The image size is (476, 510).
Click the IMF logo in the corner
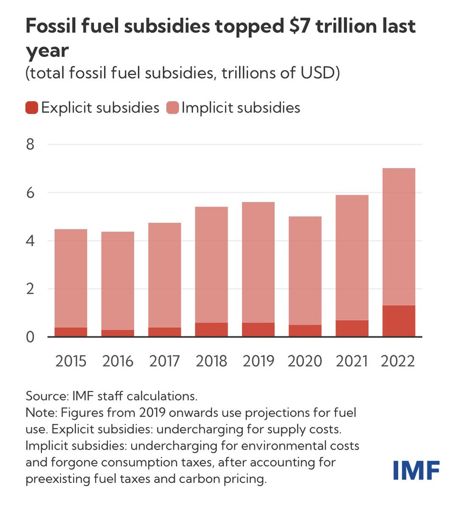[x=416, y=470]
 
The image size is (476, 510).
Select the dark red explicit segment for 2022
[x=399, y=321]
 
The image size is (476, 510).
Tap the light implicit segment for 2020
[x=305, y=271]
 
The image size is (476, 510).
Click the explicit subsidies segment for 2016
[x=118, y=333]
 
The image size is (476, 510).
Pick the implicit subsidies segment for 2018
[x=211, y=264]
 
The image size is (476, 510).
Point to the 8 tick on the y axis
[x=30, y=145]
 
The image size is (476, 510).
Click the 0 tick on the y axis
[x=30, y=337]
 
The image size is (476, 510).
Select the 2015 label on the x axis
[x=71, y=361]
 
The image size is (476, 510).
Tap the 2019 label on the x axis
[x=258, y=361]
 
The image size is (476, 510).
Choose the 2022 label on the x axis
[x=398, y=361]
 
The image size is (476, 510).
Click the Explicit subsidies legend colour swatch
[x=32, y=108]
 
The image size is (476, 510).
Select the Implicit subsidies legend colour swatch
[x=172, y=108]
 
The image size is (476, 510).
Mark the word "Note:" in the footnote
[x=41, y=413]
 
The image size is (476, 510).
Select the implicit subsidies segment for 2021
[x=352, y=257]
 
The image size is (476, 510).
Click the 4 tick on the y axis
[x=30, y=241]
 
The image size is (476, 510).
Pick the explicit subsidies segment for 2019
[x=258, y=330]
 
